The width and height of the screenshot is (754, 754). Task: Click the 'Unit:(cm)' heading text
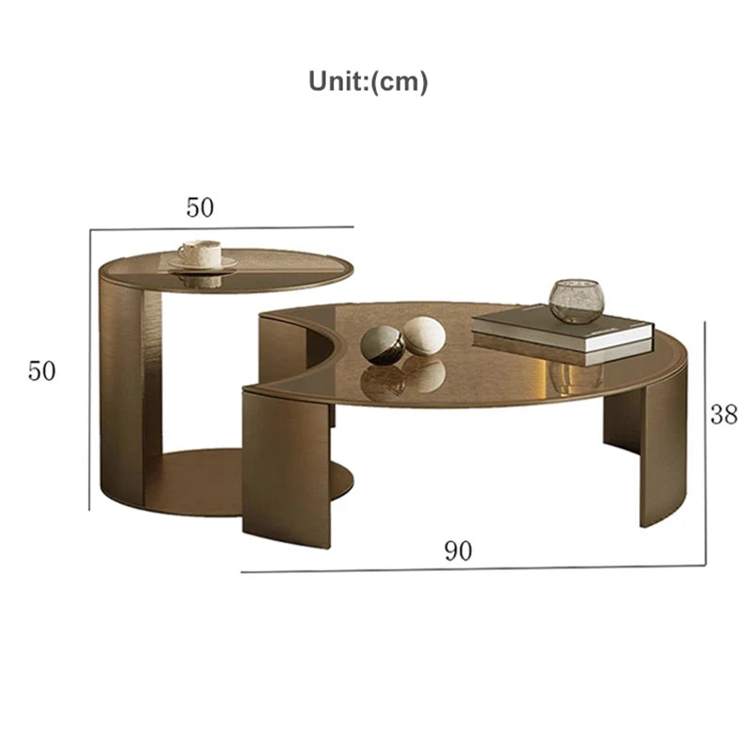coord(369,82)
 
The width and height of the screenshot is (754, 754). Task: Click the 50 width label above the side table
coord(200,208)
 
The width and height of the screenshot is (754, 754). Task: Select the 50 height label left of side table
coord(41,371)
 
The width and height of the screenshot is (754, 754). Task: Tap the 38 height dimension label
coord(724,415)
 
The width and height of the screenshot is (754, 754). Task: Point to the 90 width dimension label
coord(458,551)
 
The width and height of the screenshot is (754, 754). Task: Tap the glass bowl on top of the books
coord(576,301)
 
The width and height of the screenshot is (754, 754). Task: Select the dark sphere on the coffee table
coord(385,344)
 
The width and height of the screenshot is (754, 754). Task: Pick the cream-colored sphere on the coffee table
coord(424,336)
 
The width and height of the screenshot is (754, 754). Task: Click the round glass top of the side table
coord(273,269)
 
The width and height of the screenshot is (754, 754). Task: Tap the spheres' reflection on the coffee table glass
coord(405,377)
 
